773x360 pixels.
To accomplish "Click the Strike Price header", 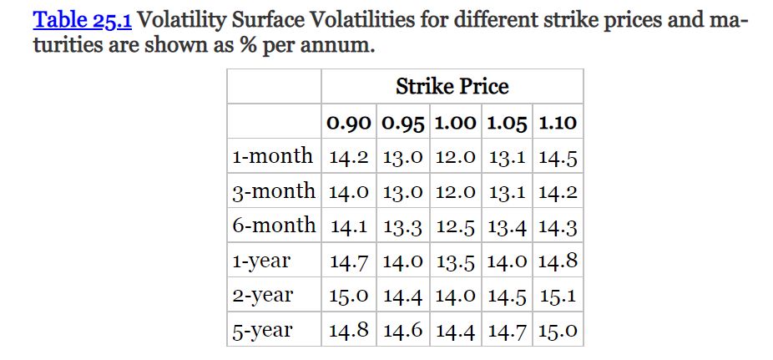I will click(452, 86).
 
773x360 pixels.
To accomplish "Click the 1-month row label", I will click(272, 156).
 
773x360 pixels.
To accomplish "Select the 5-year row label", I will click(262, 330).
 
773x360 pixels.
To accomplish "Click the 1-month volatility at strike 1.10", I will click(558, 157).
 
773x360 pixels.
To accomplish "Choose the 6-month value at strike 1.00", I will click(456, 226).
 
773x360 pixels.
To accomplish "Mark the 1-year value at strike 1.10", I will click(558, 261).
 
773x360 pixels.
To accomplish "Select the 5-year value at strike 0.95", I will click(403, 331).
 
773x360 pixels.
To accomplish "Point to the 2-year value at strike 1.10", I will click(558, 296).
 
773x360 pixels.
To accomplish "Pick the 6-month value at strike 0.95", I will click(403, 226).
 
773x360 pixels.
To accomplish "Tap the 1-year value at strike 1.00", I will click(456, 261).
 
